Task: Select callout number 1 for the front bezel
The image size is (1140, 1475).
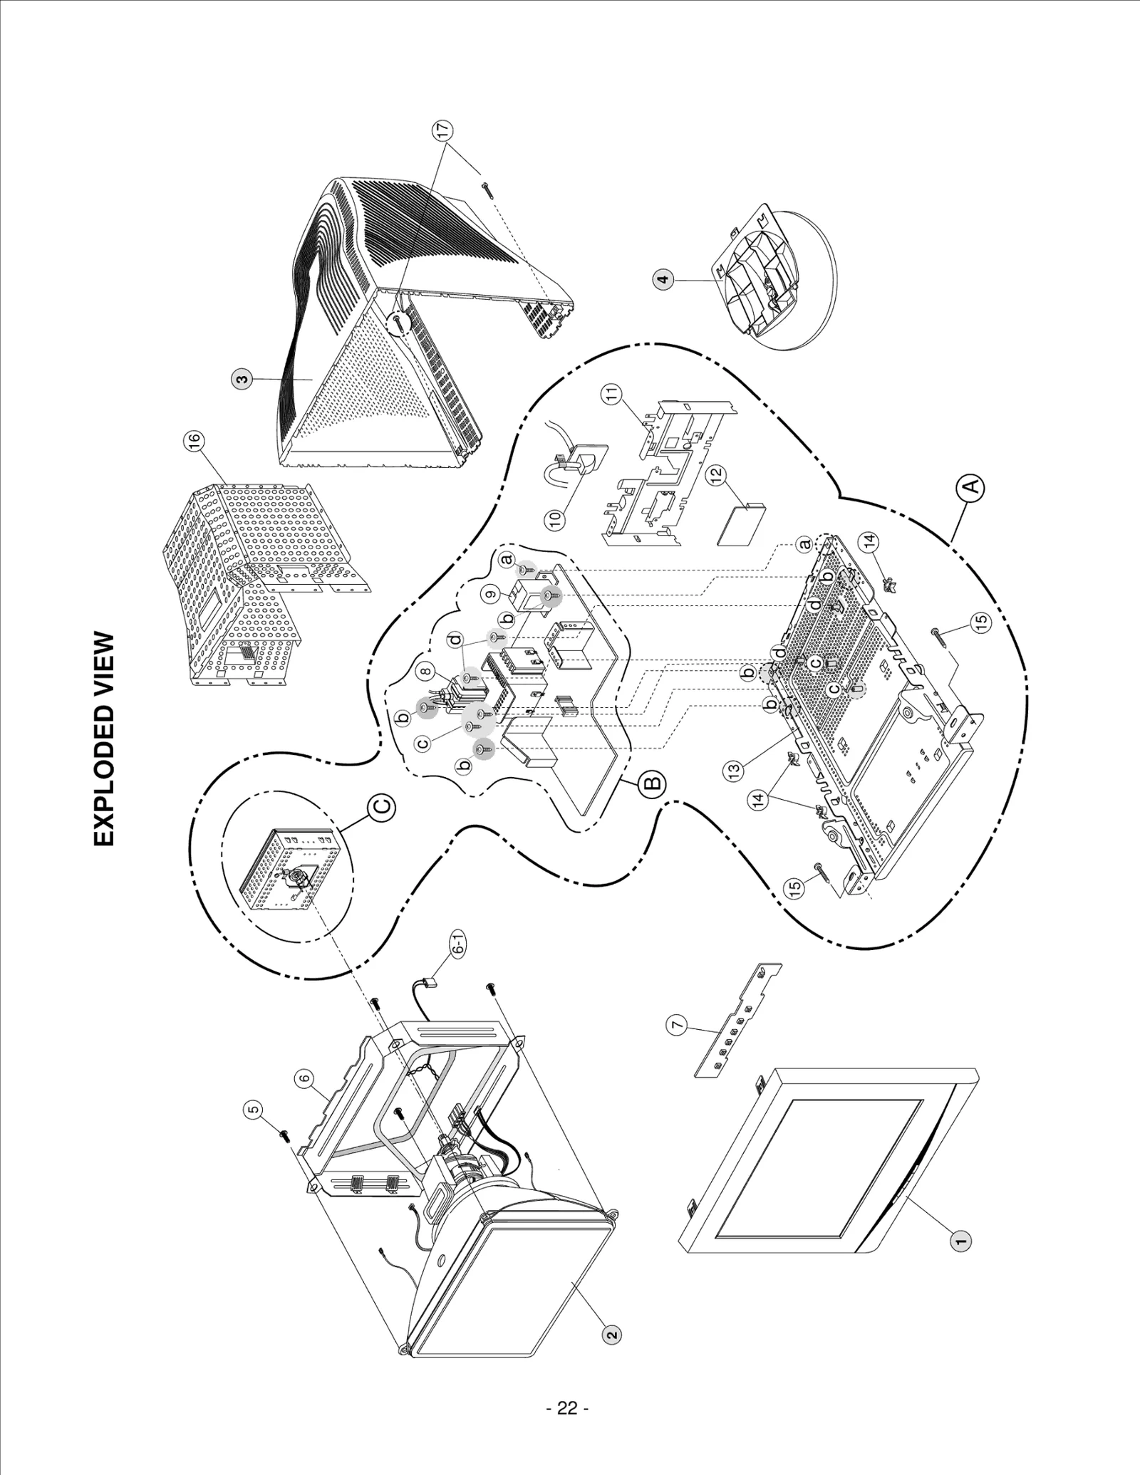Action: coord(960,1241)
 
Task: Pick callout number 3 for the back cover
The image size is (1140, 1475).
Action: coord(242,380)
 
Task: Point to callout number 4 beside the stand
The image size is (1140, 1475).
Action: coord(663,280)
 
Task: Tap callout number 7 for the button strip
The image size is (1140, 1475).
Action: coord(676,1025)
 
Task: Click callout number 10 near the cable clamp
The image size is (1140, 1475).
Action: coord(556,518)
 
